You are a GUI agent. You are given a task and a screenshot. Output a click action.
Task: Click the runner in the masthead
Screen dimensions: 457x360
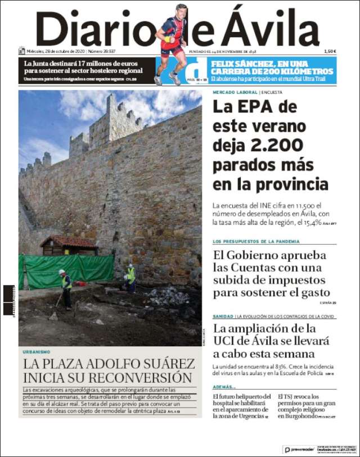[x=172, y=42]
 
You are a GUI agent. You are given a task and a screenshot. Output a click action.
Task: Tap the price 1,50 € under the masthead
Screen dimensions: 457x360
[x=330, y=52]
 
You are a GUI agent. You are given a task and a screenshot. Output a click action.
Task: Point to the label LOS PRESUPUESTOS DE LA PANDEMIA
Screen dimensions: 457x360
[x=256, y=241]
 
